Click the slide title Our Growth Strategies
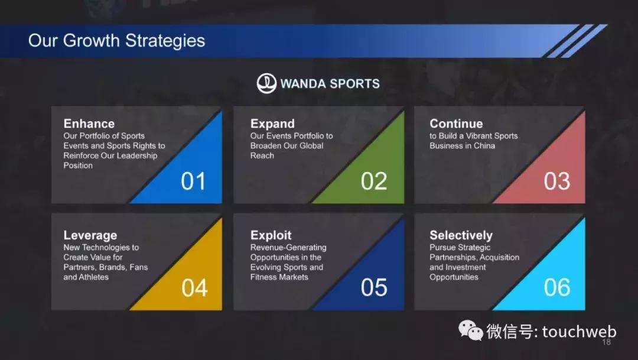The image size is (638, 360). point(117,41)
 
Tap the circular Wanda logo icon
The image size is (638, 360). point(266,83)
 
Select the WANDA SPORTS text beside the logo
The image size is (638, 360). point(330,83)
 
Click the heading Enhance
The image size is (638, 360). point(89,124)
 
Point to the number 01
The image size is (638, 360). point(193,181)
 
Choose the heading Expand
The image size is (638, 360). point(272,124)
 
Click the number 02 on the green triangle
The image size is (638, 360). point(373,181)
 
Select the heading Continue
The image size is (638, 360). point(456,124)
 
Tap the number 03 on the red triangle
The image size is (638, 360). point(556,181)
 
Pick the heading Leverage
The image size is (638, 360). point(90,235)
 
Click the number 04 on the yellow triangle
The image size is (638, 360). point(194,287)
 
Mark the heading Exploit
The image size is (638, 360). point(271,235)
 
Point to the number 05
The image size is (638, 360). point(373,287)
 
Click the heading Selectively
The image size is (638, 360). point(461,235)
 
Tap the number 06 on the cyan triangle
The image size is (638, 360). point(556,287)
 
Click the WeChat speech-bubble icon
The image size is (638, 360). point(471,330)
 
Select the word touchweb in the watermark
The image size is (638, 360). point(579,332)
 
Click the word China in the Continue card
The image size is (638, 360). point(484,146)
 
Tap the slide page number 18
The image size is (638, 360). point(606,342)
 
